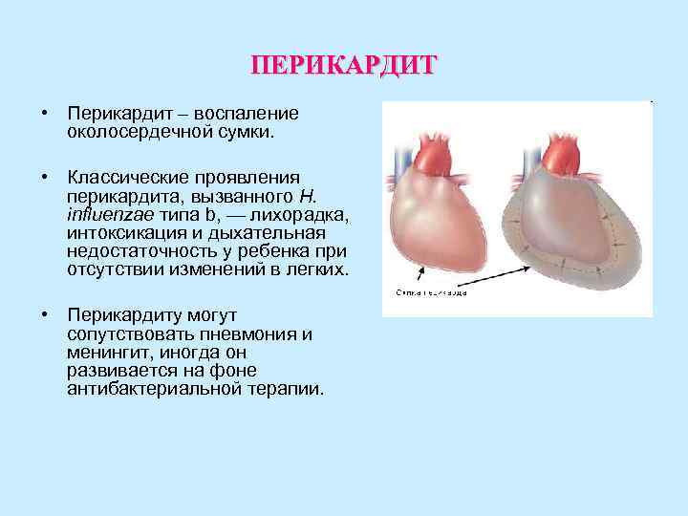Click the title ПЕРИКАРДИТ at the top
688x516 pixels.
343,66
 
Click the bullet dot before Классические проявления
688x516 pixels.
45,177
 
